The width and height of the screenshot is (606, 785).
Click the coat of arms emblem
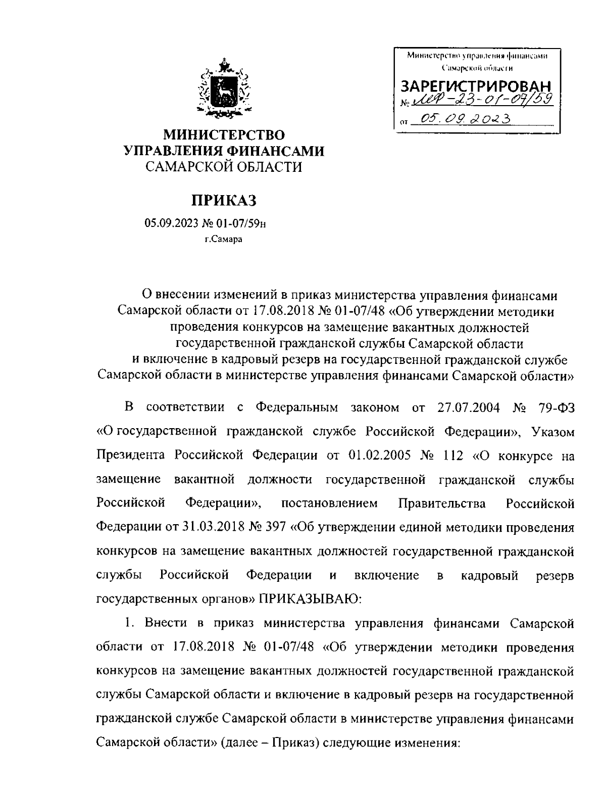coord(224,90)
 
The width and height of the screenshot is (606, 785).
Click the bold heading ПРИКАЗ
coord(223,200)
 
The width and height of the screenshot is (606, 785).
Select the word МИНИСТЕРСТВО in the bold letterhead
coord(224,135)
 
